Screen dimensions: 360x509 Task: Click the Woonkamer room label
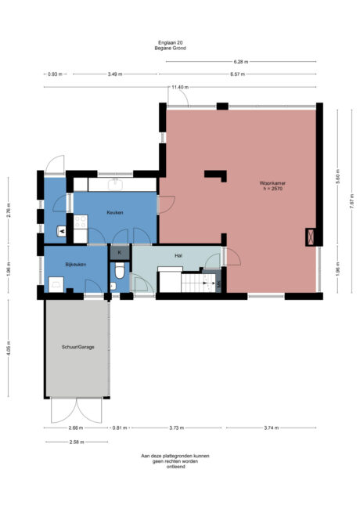[x=272, y=183]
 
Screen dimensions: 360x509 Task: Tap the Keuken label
[x=115, y=213]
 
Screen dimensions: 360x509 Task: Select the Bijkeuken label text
[x=76, y=265]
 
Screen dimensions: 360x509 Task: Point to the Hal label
[x=178, y=256]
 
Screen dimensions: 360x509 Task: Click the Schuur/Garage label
[x=77, y=347]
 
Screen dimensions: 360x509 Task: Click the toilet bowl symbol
[x=120, y=271]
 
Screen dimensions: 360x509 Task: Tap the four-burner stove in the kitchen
[x=81, y=222]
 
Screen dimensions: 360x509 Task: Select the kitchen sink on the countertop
[x=116, y=184]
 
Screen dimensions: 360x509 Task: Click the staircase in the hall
[x=198, y=283]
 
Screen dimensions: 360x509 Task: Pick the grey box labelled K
[x=120, y=253]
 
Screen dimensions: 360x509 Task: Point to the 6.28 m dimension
[x=240, y=61]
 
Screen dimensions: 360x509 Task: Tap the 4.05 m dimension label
[x=9, y=348]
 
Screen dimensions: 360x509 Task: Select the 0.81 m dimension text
[x=120, y=428]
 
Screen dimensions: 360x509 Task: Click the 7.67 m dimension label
[x=352, y=201]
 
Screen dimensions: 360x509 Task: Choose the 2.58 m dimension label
[x=77, y=442]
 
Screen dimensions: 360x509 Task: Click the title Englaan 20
[x=171, y=42]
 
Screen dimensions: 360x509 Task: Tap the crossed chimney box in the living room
[x=311, y=236]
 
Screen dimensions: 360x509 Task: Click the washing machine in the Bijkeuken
[x=56, y=284]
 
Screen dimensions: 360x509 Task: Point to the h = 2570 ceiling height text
[x=273, y=188]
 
